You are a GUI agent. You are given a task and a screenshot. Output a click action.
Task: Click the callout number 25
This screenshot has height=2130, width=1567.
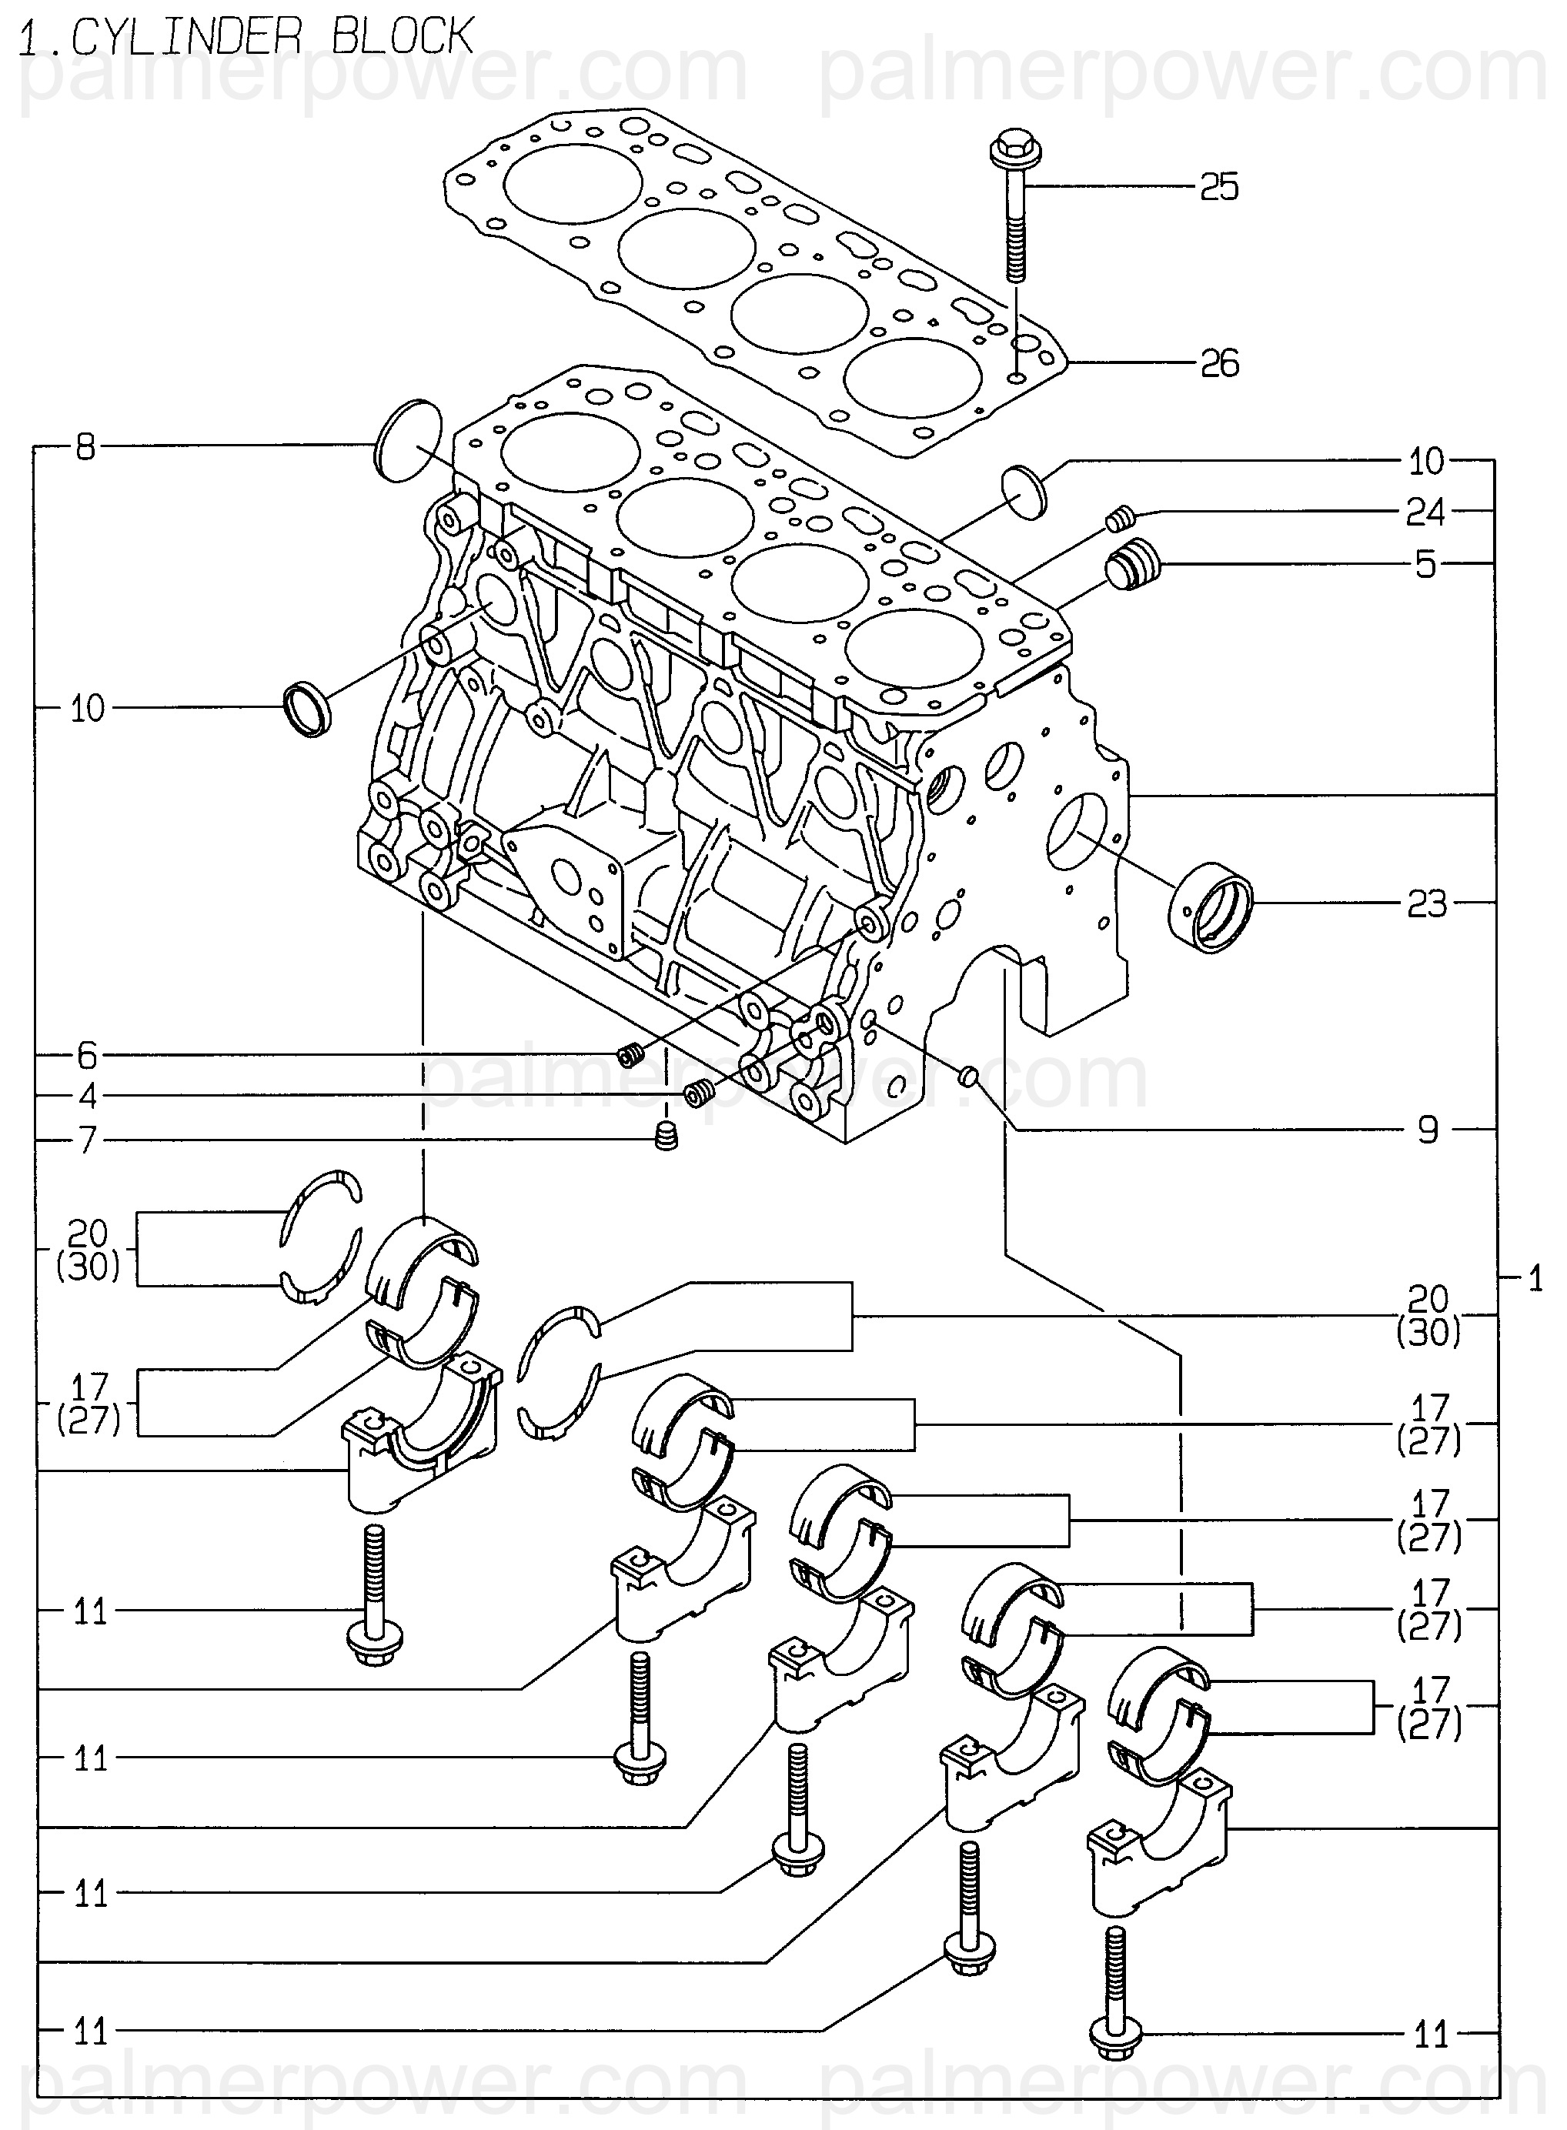tap(1219, 187)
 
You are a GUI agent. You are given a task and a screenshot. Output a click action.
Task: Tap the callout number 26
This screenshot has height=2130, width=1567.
tap(1219, 362)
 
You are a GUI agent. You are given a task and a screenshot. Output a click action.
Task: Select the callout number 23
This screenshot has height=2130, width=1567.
tap(1427, 903)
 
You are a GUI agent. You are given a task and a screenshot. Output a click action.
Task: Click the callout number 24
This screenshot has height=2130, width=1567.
tap(1425, 512)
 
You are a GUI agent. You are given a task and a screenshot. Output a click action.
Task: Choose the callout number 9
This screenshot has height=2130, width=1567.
tap(1428, 1130)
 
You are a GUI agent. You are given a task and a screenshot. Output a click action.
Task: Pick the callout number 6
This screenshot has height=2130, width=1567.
tap(87, 1054)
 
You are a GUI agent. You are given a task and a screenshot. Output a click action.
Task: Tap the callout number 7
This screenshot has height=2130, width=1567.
tap(87, 1139)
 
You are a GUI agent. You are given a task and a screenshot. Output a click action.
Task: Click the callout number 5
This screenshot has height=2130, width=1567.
tap(1425, 564)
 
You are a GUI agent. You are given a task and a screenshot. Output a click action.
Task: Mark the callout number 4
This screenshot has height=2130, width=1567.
tap(87, 1097)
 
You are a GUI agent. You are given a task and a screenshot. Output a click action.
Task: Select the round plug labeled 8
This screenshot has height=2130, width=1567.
tap(409, 440)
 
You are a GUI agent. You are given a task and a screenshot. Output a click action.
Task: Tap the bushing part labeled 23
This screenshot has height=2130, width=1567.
tap(1211, 906)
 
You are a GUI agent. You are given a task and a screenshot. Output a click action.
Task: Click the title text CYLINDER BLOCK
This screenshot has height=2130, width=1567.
tap(272, 37)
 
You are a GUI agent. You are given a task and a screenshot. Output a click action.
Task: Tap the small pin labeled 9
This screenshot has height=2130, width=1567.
tap(967, 1073)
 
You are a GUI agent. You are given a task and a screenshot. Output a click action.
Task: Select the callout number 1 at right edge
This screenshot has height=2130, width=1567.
tap(1535, 1280)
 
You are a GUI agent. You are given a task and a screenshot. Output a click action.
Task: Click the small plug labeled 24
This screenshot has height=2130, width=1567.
tap(1121, 518)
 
